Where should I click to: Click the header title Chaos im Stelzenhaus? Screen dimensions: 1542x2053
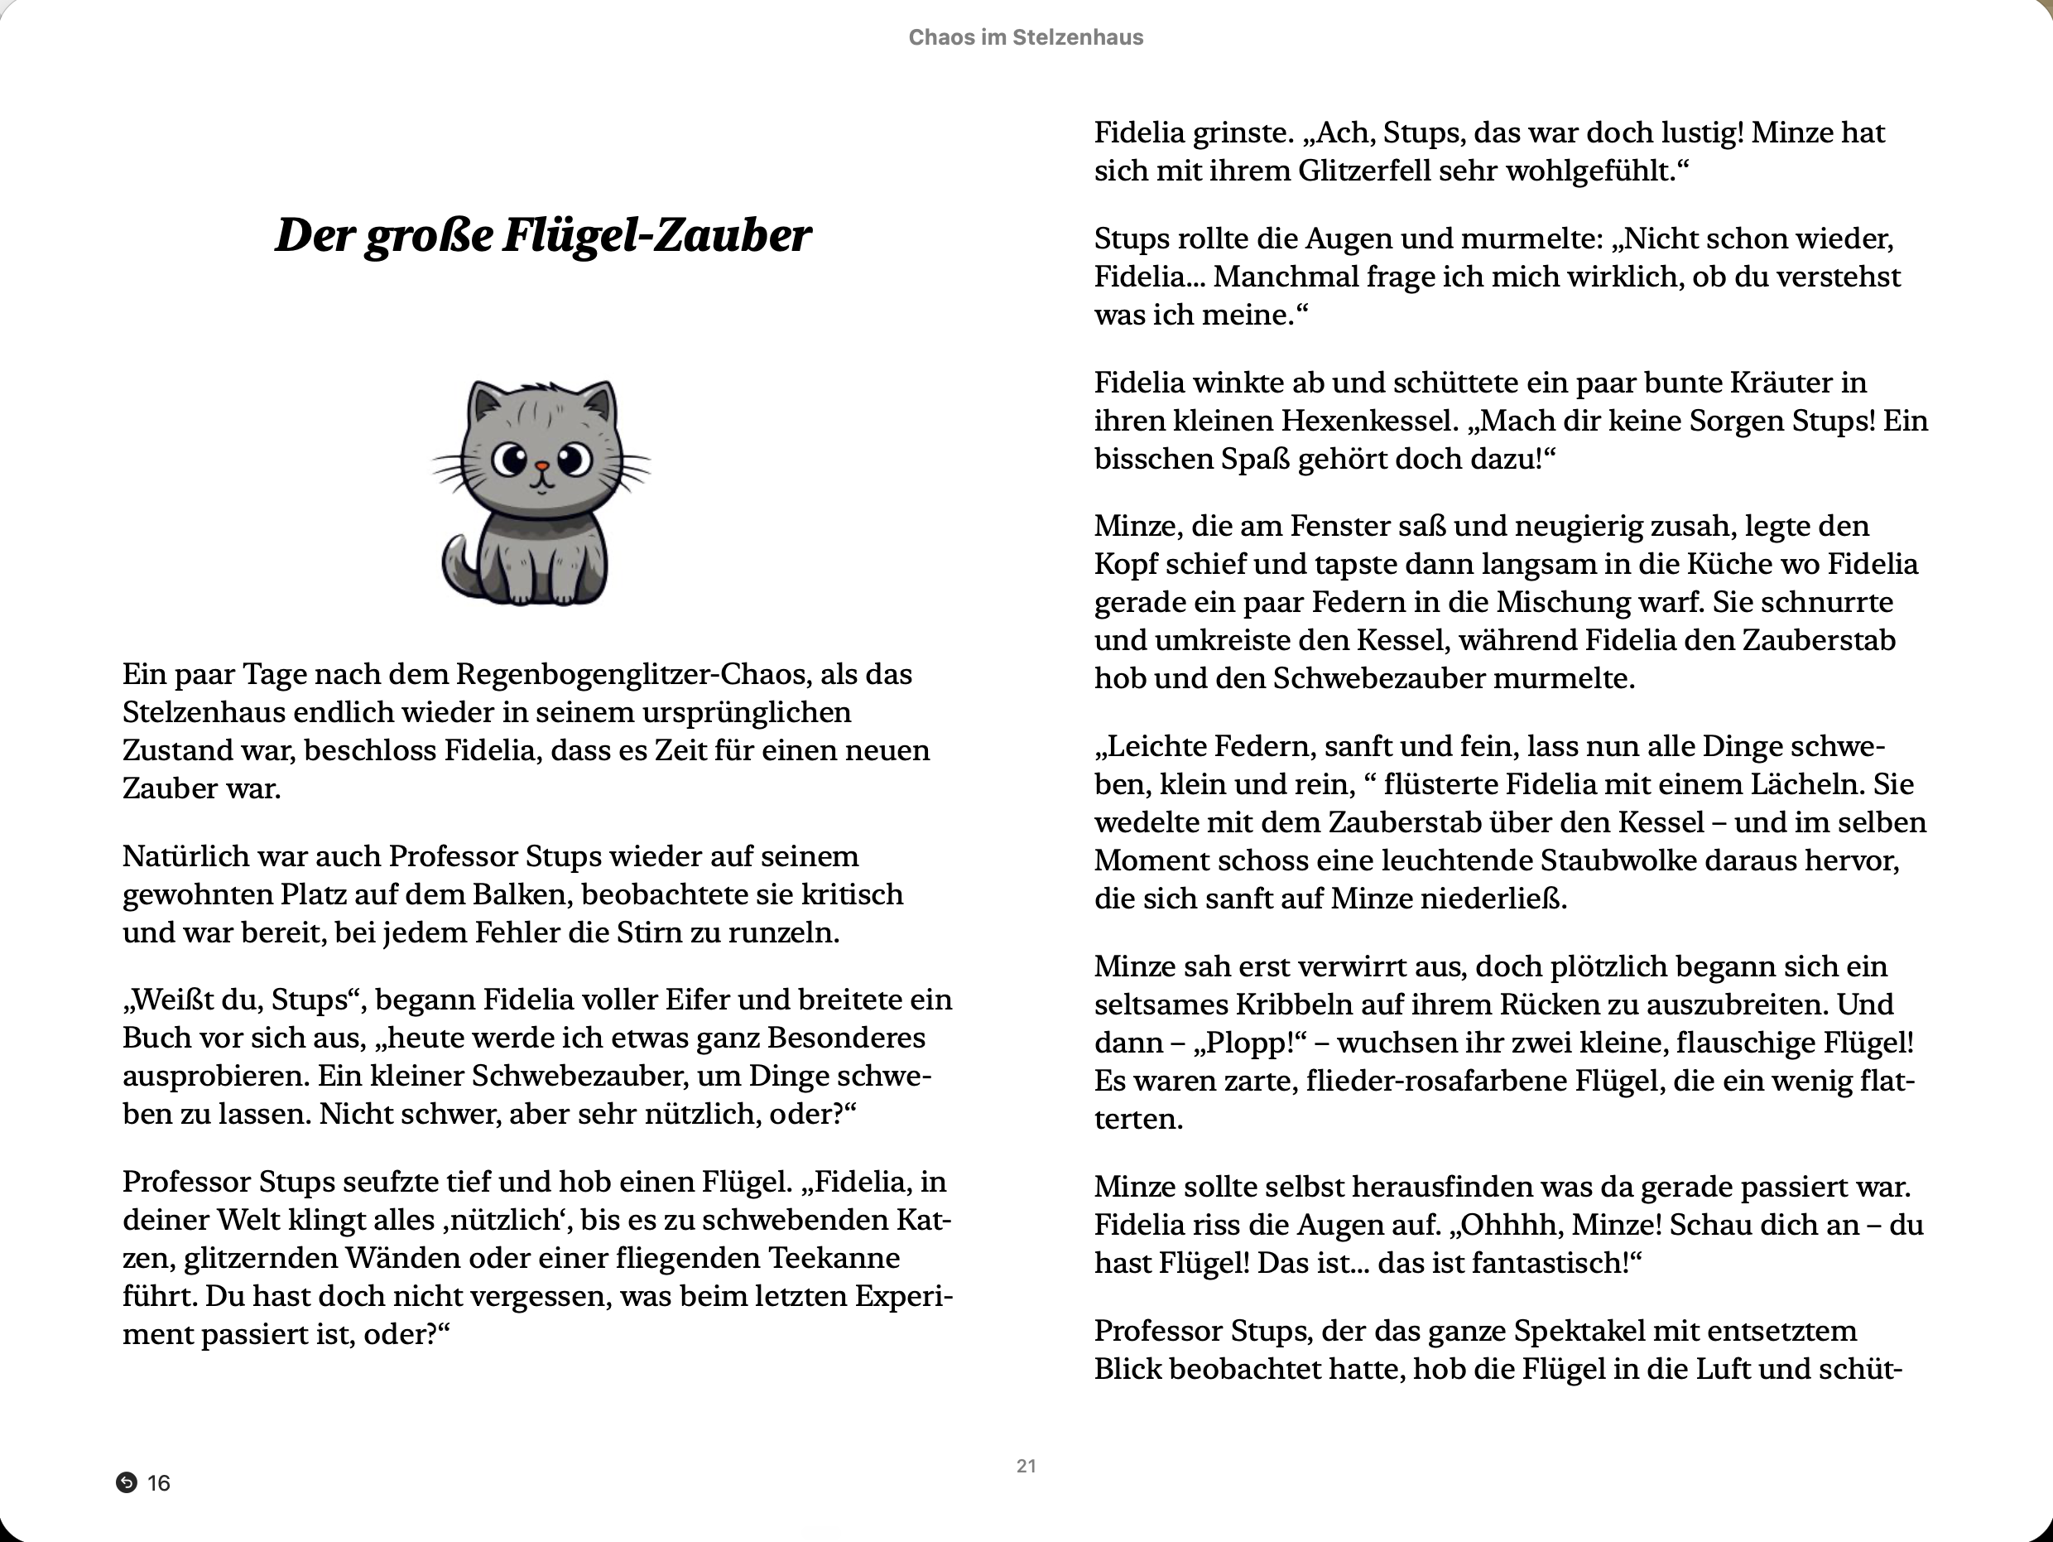click(1026, 37)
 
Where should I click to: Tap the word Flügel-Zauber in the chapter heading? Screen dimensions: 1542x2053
click(657, 236)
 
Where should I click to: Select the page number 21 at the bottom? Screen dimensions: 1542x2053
click(1026, 1466)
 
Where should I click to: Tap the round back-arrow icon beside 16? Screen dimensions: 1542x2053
click(126, 1482)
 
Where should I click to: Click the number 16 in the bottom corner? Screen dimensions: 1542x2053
click(159, 1483)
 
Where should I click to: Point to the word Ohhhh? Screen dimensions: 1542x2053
click(1510, 1226)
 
